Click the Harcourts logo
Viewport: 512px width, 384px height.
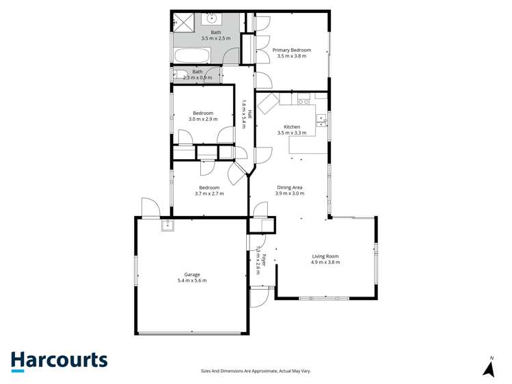pos(59,361)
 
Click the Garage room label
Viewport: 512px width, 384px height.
pos(192,274)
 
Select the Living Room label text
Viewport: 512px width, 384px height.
pos(325,256)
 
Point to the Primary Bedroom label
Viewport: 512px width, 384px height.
pos(292,50)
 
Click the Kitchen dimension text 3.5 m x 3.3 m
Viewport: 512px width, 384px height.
pos(292,133)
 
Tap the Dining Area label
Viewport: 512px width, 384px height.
pos(290,187)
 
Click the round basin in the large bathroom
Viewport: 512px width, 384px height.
pos(213,18)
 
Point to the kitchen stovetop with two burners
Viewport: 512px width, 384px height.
pos(304,102)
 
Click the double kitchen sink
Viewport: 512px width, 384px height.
pos(321,121)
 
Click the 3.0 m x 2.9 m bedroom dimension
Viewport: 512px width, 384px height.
pos(203,120)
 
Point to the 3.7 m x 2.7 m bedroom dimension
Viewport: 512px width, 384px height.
pos(209,194)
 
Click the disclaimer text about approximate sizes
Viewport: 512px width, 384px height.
pos(256,371)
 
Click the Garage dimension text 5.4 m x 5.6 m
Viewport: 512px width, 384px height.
pos(192,280)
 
